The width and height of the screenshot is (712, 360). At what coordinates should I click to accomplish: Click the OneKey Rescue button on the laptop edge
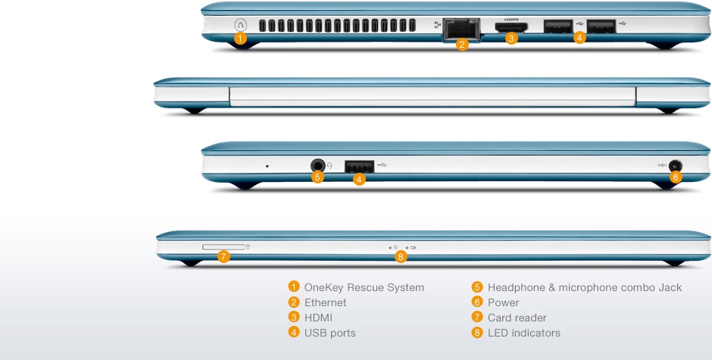pyautogui.click(x=240, y=24)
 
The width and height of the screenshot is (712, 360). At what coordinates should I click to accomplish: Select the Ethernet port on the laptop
pyautogui.click(x=461, y=29)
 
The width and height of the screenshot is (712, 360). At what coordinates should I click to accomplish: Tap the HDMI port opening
pyautogui.click(x=511, y=27)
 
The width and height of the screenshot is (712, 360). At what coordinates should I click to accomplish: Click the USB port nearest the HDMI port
pyautogui.click(x=558, y=27)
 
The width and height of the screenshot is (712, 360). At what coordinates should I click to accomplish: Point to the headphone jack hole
pyautogui.click(x=318, y=165)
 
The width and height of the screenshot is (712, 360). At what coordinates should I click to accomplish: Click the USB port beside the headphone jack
pyautogui.click(x=359, y=167)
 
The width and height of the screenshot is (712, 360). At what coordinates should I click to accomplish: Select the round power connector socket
pyautogui.click(x=676, y=165)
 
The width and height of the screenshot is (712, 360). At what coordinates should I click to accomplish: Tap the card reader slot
pyautogui.click(x=223, y=247)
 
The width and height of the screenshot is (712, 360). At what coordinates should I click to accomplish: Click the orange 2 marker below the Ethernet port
pyautogui.click(x=462, y=45)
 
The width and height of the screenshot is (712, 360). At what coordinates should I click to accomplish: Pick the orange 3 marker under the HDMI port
pyautogui.click(x=511, y=39)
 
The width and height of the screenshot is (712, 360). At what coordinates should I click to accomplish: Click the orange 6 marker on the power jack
pyautogui.click(x=675, y=177)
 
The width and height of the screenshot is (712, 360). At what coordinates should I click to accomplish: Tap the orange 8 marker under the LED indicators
pyautogui.click(x=400, y=257)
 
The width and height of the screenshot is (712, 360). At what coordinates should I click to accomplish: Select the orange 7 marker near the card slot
pyautogui.click(x=223, y=256)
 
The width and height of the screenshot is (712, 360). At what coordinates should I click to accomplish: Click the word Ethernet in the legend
pyautogui.click(x=325, y=302)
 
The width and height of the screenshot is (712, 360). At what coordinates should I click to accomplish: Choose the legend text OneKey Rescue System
pyautogui.click(x=364, y=288)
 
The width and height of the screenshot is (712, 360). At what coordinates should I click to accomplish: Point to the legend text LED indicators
pyautogui.click(x=524, y=333)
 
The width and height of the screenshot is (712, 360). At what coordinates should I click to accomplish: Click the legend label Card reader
pyautogui.click(x=517, y=318)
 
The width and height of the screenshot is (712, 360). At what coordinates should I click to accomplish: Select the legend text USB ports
pyautogui.click(x=330, y=333)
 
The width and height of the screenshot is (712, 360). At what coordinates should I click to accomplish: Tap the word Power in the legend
pyautogui.click(x=503, y=302)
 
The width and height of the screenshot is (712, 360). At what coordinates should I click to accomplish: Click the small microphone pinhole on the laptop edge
pyautogui.click(x=267, y=166)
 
